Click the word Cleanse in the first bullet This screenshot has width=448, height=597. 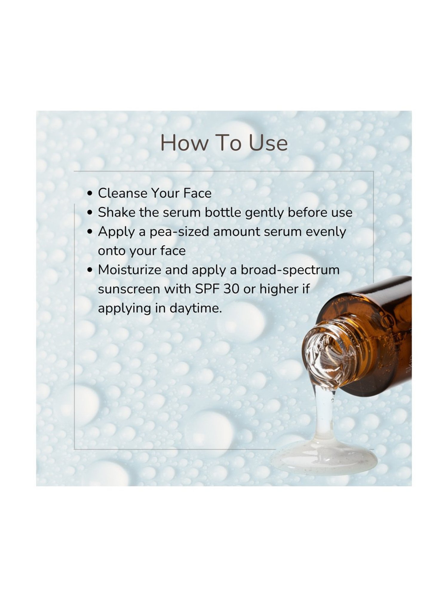pyautogui.click(x=122, y=193)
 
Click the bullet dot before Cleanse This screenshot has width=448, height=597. pyautogui.click(x=90, y=193)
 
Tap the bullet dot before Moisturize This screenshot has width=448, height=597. pyautogui.click(x=90, y=270)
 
